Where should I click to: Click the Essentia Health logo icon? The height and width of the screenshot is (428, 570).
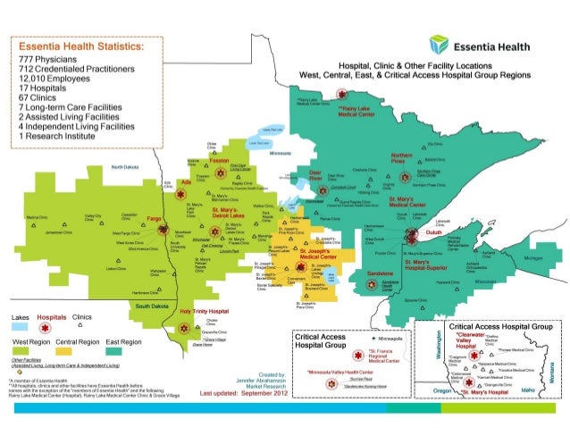438,44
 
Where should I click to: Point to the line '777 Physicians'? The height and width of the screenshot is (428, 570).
48,59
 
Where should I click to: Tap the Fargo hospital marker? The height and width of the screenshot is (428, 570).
163,230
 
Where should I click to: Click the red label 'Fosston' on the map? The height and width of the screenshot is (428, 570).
220,161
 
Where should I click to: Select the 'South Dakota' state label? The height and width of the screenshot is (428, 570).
151,306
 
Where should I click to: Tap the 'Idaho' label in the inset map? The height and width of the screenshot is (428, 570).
528,389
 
